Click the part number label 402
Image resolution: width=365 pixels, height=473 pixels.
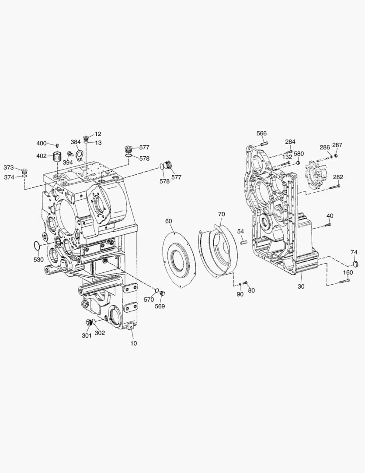[42, 156]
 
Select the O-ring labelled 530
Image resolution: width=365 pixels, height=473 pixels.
[36, 246]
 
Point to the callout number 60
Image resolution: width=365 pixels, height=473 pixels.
[169, 221]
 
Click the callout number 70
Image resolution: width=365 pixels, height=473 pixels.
[221, 214]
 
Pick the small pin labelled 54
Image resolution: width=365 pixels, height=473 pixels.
[243, 242]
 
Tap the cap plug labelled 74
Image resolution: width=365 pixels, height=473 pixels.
[355, 264]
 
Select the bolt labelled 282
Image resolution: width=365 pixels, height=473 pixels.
[335, 187]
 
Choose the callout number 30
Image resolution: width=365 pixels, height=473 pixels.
[301, 286]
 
